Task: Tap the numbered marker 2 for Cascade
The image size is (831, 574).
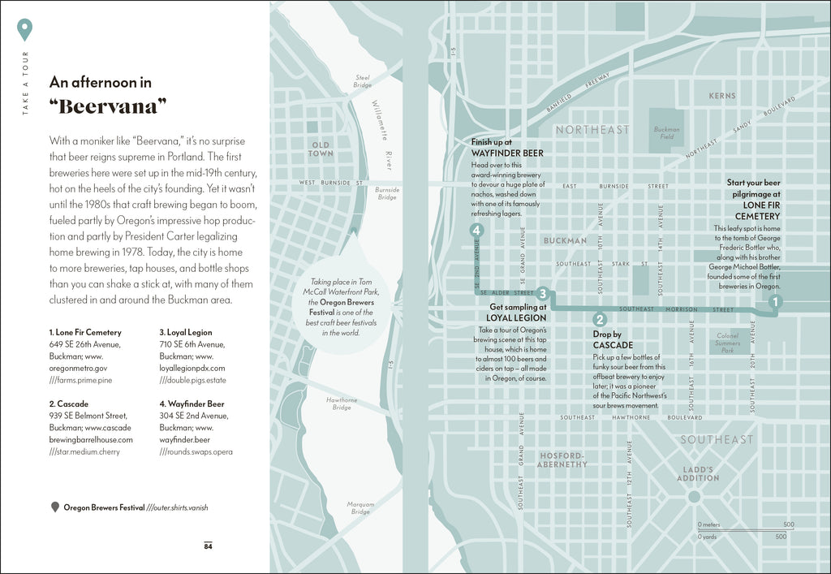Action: (600, 320)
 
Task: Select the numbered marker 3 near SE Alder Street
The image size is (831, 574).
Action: (543, 294)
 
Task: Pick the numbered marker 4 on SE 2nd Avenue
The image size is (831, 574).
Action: (476, 231)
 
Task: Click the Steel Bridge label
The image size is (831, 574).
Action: (362, 81)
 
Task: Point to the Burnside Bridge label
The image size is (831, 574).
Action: (387, 193)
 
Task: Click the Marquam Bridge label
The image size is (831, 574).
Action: (360, 507)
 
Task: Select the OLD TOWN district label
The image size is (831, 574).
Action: (321, 149)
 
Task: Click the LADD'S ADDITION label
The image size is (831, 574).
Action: (697, 474)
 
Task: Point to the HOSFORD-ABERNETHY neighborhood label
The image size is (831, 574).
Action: (562, 460)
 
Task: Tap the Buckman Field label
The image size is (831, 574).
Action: (666, 133)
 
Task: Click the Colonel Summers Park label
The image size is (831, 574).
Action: (727, 343)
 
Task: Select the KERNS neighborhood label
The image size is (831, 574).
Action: (721, 96)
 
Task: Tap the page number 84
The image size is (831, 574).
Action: (208, 546)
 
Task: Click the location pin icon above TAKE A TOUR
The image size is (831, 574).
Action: (25, 30)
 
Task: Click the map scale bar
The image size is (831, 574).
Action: (745, 530)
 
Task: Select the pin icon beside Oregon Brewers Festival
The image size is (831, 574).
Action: (55, 507)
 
